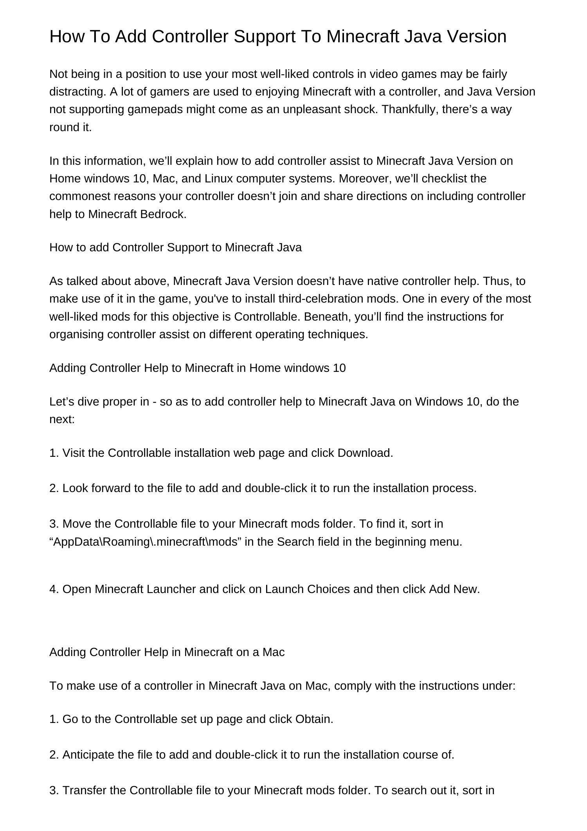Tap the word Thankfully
click(x=410, y=109)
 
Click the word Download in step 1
click(x=365, y=453)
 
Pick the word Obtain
click(x=314, y=719)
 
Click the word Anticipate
click(x=88, y=755)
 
